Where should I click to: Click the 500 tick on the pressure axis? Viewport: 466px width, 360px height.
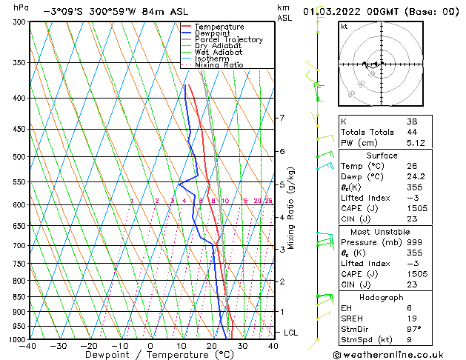point(19,157)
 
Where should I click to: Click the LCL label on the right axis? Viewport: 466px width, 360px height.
point(290,333)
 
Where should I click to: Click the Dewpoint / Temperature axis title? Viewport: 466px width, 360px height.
point(150,355)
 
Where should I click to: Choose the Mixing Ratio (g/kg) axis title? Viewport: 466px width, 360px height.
point(292,208)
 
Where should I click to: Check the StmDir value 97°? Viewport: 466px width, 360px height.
point(414,329)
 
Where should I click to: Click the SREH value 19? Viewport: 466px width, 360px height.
point(412,319)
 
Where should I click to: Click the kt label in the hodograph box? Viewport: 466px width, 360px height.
point(344,27)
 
